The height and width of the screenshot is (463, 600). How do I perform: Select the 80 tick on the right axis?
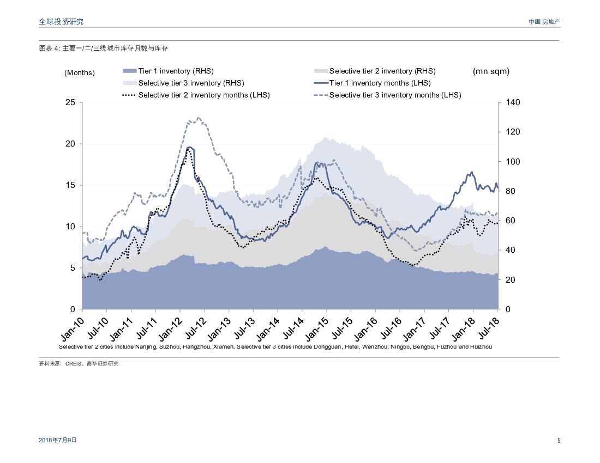(x=511, y=191)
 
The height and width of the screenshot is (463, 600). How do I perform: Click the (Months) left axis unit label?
(x=80, y=72)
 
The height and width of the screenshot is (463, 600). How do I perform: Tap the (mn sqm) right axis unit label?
(x=491, y=71)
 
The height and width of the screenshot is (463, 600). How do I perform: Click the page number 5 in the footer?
(x=559, y=441)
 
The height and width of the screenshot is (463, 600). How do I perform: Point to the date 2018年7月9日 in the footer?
(x=58, y=440)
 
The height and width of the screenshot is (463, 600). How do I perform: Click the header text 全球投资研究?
(x=61, y=22)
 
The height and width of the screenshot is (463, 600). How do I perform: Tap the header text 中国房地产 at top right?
(x=544, y=22)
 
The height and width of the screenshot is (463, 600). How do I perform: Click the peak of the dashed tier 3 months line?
(x=198, y=117)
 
